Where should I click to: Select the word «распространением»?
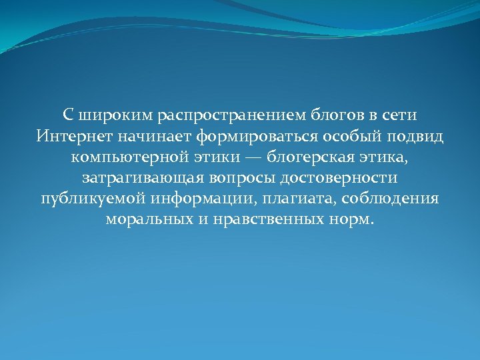[x=233, y=115]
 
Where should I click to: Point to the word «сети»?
[x=398, y=115]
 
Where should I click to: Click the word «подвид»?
[x=417, y=137]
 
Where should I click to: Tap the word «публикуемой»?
[x=93, y=199]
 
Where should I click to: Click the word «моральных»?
[x=148, y=220]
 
